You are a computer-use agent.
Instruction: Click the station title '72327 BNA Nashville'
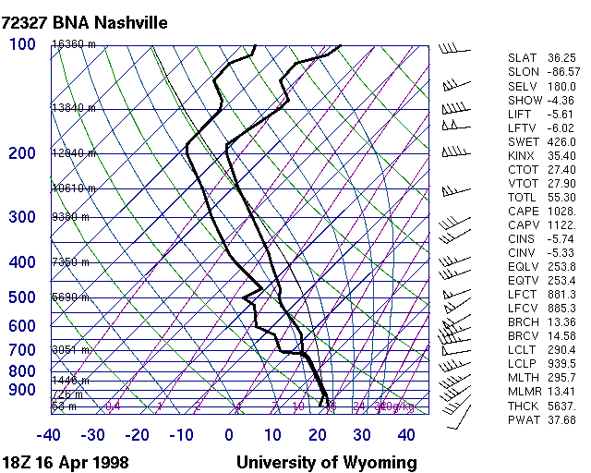click(84, 22)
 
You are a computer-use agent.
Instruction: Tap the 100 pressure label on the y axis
click(22, 43)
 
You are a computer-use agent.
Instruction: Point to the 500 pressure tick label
click(22, 297)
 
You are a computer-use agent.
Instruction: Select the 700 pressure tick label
click(22, 349)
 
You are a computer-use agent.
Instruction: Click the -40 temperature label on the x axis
click(49, 435)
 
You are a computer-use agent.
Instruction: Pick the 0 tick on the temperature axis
click(229, 435)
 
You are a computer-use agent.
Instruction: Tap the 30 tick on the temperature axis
click(362, 435)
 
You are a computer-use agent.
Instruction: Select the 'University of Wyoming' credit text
click(326, 462)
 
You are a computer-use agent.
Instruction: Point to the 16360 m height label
click(73, 44)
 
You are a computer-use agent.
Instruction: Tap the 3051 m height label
click(69, 350)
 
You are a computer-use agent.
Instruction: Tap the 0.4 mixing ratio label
click(113, 406)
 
